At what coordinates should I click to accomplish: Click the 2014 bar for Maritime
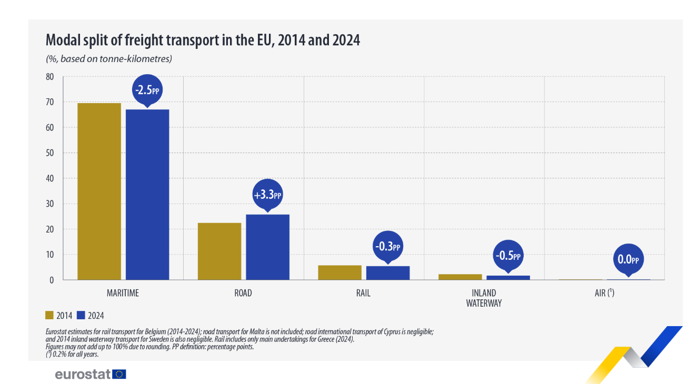pos(99,191)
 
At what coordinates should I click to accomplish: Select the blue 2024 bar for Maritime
pos(147,195)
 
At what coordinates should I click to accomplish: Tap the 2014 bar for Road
pos(219,251)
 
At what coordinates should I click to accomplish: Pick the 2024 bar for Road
pos(268,247)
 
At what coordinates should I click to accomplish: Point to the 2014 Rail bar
pos(340,272)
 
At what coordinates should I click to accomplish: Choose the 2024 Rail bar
pos(388,273)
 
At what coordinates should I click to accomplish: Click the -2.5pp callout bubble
pos(147,90)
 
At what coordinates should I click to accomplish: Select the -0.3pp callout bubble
pos(388,247)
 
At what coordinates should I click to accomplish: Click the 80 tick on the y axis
pos(50,77)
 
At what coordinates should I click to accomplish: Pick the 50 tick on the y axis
pos(50,153)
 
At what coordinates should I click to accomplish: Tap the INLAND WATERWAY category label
pos(484,298)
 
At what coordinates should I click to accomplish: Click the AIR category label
pos(604,292)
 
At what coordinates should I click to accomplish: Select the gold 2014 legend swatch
pos(49,315)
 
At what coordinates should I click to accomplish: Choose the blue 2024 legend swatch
pos(81,315)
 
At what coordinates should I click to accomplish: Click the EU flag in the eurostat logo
pos(119,374)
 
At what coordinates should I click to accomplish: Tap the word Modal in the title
pos(63,40)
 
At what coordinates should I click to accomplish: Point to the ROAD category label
pos(243,293)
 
